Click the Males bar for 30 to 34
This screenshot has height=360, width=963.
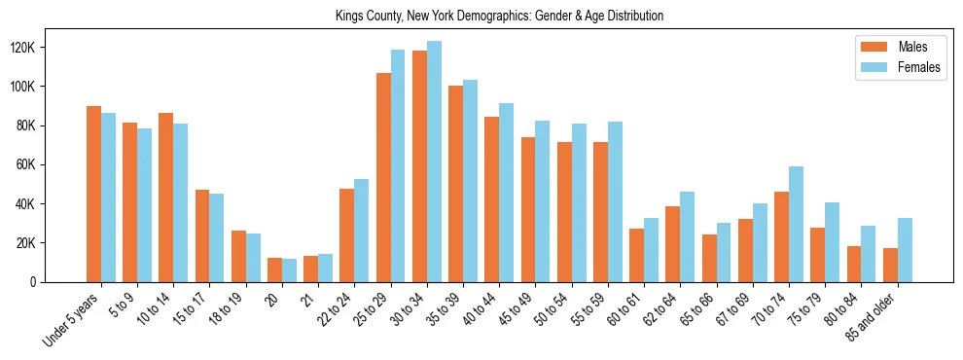coord(419,166)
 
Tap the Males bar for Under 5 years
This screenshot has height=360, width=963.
coord(93,194)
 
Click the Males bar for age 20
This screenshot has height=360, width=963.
coord(275,270)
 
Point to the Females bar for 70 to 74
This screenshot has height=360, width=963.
coord(796,224)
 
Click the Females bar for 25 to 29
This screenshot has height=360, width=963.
coord(398,165)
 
